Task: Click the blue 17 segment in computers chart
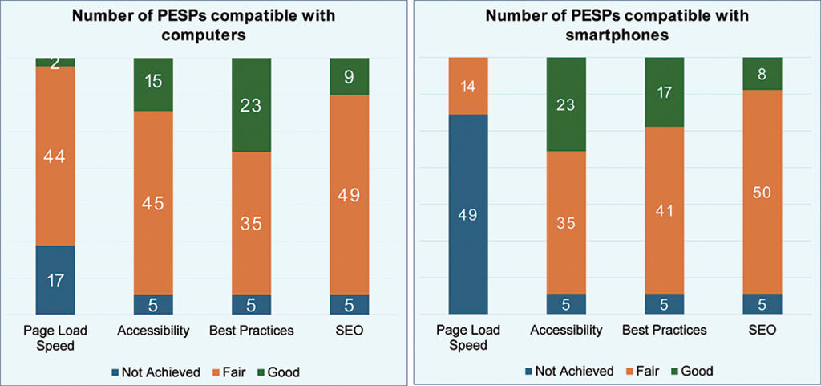coord(55,280)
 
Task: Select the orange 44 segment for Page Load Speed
coord(55,156)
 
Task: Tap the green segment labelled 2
coord(55,62)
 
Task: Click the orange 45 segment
coord(153,202)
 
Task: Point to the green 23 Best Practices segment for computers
coord(251,104)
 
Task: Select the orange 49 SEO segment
coord(349,194)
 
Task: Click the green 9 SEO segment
coord(349,76)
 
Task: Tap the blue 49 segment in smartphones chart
coord(467,214)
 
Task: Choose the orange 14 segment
coord(467,86)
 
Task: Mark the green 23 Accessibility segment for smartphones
coord(566,104)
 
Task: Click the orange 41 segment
coord(664,210)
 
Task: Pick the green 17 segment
coord(664,92)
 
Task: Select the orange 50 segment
coord(762,192)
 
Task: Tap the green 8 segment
coord(762,74)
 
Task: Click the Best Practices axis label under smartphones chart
coord(664,330)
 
